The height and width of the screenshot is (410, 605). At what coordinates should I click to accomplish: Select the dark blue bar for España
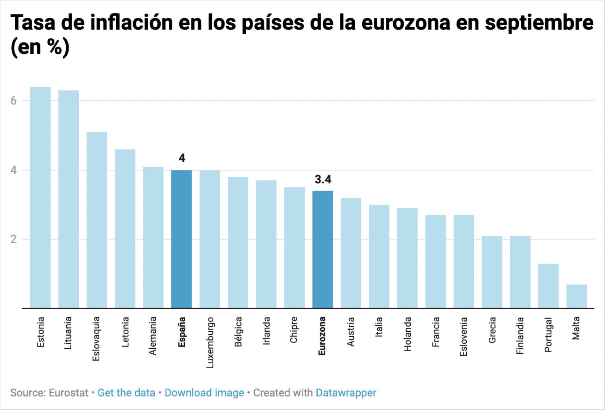181,239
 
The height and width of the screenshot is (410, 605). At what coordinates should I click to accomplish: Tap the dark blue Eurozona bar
322,249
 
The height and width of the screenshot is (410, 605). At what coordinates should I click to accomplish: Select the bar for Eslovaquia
97,220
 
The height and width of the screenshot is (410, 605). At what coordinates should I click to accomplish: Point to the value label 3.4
323,180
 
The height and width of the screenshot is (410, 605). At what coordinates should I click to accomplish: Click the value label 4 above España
182,158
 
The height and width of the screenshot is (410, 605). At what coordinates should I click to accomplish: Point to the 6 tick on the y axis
13,101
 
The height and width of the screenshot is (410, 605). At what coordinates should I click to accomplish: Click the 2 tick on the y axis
13,240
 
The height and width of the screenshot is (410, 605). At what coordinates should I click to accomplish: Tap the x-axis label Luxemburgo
210,342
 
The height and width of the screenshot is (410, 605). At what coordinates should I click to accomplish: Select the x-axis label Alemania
153,336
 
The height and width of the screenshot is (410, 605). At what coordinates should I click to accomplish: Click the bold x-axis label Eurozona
322,336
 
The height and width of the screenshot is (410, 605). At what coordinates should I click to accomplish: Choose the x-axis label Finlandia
520,336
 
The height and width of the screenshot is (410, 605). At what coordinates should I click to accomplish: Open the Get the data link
126,393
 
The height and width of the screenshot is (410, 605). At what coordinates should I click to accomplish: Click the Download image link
204,393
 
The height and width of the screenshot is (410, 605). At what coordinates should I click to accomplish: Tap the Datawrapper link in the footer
346,393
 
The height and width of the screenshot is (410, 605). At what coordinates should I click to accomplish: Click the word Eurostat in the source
68,393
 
